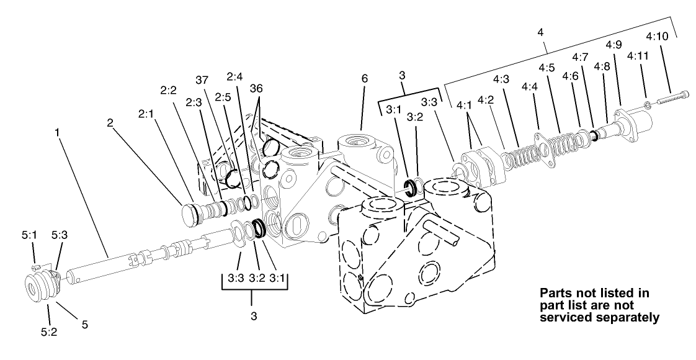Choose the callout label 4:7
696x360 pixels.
coord(581,57)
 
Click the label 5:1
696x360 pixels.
coord(32,236)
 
